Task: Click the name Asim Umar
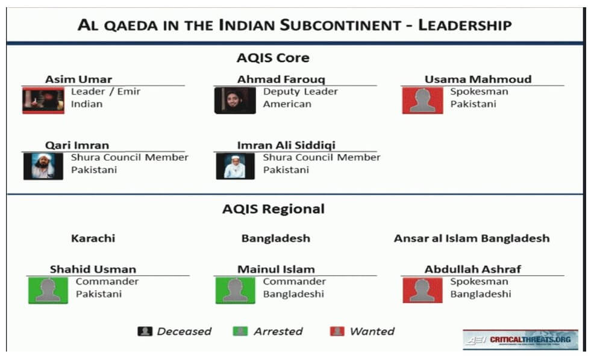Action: pos(78,79)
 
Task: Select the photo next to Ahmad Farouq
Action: pos(235,101)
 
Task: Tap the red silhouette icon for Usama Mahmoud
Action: pos(423,101)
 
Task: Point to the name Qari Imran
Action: pos(77,145)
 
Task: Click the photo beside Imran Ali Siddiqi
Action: pos(236,166)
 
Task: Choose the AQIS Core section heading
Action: pos(273,58)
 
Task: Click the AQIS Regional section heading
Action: pos(273,209)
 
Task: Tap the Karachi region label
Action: pos(93,238)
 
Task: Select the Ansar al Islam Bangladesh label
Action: pos(472,238)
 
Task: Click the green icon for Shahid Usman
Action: pos(48,290)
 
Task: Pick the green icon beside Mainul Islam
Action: pos(236,290)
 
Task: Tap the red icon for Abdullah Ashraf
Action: pos(423,290)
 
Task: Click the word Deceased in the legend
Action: pos(184,332)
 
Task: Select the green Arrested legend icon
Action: pos(240,331)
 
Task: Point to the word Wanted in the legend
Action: pos(372,332)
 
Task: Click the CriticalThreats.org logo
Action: pos(520,340)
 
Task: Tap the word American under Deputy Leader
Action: pos(287,104)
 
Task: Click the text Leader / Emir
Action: pos(105,92)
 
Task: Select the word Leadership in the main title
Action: pos(465,25)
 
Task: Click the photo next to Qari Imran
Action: pos(43,166)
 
